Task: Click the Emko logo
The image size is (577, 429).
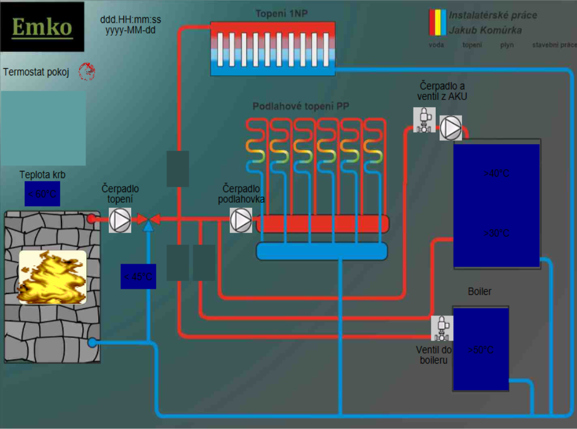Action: click(x=42, y=27)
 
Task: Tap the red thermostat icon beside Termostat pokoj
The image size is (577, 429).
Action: click(x=86, y=71)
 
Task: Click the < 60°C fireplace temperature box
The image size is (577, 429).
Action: click(x=42, y=194)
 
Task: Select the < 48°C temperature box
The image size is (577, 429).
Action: click(x=138, y=277)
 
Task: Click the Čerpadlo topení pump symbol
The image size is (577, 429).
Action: click(x=120, y=220)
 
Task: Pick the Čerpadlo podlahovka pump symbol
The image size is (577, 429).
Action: click(x=241, y=220)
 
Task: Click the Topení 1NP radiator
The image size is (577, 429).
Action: click(x=272, y=49)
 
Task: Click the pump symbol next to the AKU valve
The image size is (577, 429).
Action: click(x=451, y=127)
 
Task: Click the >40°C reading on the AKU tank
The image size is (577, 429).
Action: click(x=496, y=174)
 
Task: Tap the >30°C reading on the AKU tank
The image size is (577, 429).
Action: click(x=496, y=233)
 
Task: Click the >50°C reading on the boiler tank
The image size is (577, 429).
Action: click(x=480, y=350)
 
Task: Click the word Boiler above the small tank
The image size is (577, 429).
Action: click(x=479, y=292)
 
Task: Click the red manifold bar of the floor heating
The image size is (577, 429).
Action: click(x=323, y=224)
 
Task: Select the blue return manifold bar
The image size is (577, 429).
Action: click(x=321, y=251)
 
